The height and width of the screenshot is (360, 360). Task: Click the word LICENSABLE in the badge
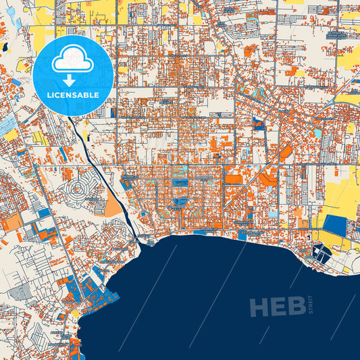point(72,95)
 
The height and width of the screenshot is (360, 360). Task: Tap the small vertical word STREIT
point(310,305)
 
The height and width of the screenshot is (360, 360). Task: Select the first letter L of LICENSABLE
point(49,95)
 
